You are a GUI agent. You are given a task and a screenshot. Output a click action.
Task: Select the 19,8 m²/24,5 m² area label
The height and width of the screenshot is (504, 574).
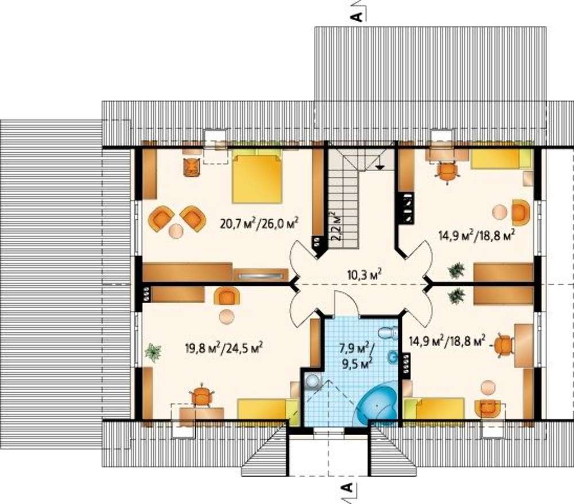click(225, 347)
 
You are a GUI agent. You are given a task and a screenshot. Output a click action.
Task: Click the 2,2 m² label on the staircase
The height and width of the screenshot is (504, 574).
click(336, 226)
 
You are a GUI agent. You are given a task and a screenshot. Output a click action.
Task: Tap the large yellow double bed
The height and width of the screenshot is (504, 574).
click(257, 179)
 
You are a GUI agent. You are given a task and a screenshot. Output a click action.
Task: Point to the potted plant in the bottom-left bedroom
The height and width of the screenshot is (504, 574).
click(153, 352)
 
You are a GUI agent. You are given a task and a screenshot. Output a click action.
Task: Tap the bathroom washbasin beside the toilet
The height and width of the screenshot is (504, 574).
click(393, 357)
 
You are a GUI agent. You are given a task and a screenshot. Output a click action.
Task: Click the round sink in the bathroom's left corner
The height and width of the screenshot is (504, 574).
click(312, 381)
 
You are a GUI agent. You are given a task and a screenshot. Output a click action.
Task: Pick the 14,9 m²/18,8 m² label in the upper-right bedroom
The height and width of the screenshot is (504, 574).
click(476, 234)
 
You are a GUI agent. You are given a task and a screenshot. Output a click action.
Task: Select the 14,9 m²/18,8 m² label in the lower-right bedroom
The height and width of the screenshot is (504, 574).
click(447, 341)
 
